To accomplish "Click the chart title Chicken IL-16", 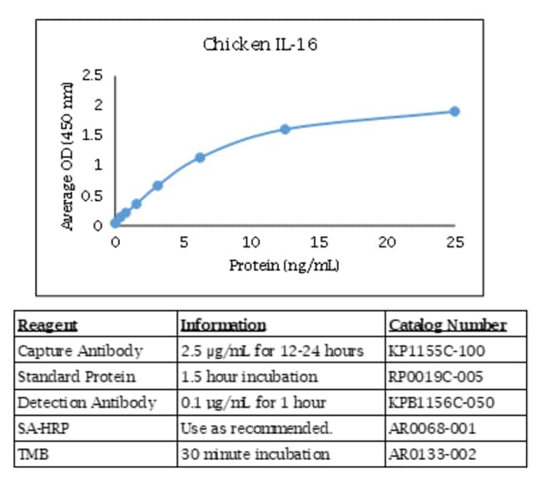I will click(260, 42).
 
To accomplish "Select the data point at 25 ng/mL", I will click(454, 111).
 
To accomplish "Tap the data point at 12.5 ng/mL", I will click(285, 129).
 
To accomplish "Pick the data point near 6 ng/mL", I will click(200, 157).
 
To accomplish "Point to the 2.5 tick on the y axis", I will click(92, 76).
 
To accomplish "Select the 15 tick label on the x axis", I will click(319, 242).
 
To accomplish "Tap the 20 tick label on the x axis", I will click(387, 242).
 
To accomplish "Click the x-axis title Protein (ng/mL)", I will click(284, 265).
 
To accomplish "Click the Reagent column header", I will click(47, 325).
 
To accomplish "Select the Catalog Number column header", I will click(446, 325).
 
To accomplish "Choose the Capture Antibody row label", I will click(80, 351).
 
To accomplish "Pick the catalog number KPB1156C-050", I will click(441, 402).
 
